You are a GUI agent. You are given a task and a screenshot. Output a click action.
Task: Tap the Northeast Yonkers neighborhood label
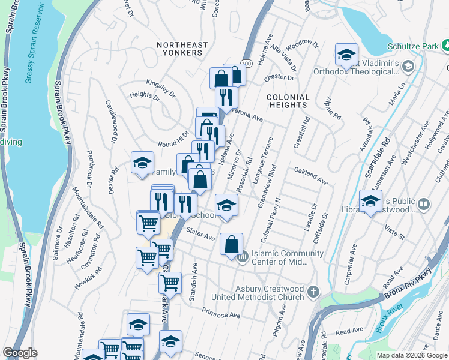pos(182,49)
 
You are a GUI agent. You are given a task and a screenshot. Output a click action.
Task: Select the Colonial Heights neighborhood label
pos(288,101)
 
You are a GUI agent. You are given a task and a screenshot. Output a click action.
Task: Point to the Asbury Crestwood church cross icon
pos(312,292)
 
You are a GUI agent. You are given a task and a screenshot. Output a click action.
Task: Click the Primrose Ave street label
pos(221,314)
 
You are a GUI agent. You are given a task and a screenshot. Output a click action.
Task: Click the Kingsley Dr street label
pos(161,86)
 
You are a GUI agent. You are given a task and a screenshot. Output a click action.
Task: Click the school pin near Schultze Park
pos(346,55)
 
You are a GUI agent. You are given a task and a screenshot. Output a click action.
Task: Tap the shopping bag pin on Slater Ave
pos(231,244)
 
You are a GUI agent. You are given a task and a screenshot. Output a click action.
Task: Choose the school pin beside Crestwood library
pos(370,201)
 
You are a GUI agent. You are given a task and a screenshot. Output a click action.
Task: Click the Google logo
pos(20,353)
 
